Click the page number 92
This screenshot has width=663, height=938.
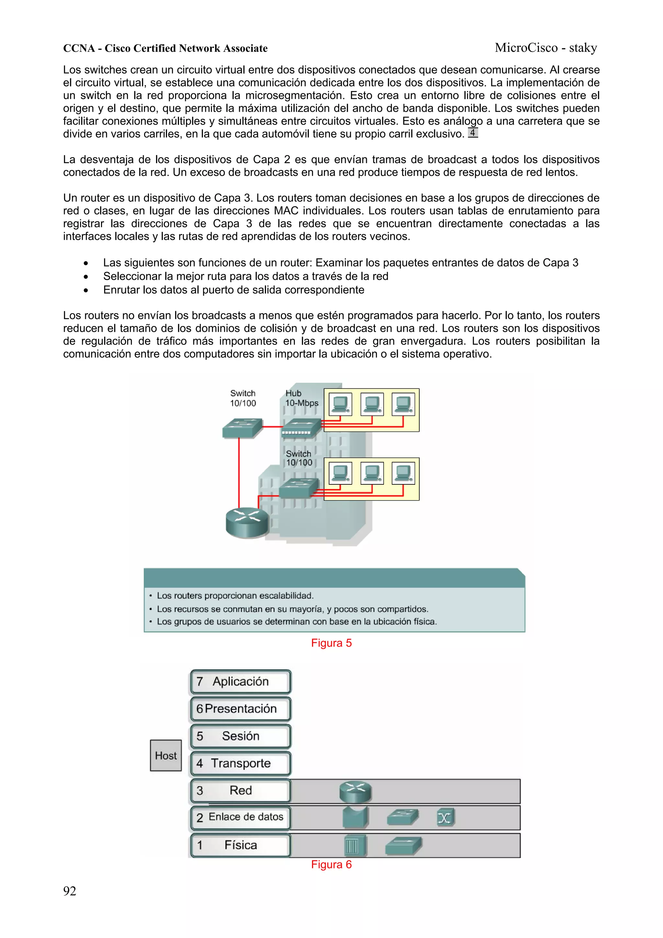70,891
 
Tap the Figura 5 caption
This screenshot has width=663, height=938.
331,643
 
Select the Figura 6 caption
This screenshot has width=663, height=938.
331,865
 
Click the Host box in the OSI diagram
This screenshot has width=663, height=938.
166,755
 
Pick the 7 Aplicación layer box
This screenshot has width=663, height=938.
241,682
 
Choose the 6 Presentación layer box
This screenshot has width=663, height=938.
241,709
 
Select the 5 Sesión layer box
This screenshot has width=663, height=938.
241,736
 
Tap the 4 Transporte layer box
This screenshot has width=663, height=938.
241,763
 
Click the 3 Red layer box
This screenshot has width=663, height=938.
241,791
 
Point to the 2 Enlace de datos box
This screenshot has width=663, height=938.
241,818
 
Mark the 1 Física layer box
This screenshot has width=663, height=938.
241,845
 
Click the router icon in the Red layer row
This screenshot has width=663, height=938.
355,791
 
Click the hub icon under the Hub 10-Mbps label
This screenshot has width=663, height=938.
301,428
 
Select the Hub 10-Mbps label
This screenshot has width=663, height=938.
301,398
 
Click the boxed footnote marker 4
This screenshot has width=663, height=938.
473,133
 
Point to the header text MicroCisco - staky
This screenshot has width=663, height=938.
546,48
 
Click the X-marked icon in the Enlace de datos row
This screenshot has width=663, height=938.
445,818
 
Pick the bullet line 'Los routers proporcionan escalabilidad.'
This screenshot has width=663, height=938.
235,596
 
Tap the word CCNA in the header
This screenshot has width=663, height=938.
79,48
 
